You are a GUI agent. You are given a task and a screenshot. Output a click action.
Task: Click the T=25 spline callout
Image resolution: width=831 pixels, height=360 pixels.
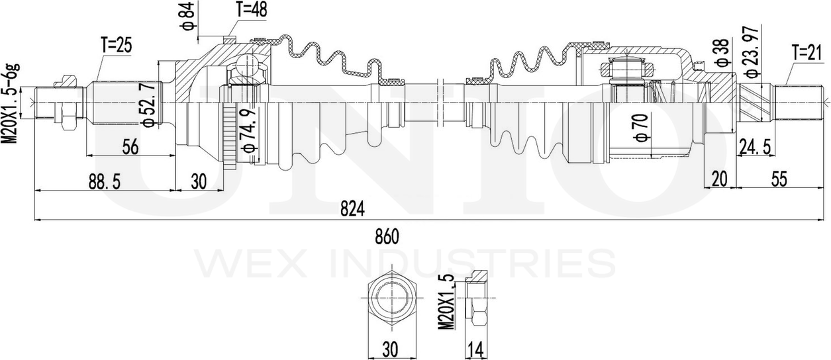(x=117, y=46)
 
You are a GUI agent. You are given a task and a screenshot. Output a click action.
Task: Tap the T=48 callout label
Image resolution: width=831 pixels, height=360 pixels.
(x=252, y=10)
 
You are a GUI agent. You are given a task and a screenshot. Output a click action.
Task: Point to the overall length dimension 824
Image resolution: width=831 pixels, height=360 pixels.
(x=353, y=209)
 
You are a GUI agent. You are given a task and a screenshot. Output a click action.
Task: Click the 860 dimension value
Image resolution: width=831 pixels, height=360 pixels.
(x=387, y=238)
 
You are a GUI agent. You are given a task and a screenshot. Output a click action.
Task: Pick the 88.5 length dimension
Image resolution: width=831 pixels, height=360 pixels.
(x=105, y=182)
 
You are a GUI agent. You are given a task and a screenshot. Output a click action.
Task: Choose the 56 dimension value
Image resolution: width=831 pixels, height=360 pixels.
(x=130, y=147)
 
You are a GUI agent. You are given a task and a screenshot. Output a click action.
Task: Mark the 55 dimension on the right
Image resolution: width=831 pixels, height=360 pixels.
(x=779, y=179)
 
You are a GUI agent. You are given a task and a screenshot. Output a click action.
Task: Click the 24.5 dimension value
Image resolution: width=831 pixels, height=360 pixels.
(x=756, y=147)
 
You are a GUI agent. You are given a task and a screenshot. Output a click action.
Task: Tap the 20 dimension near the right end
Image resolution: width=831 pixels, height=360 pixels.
(x=720, y=179)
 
